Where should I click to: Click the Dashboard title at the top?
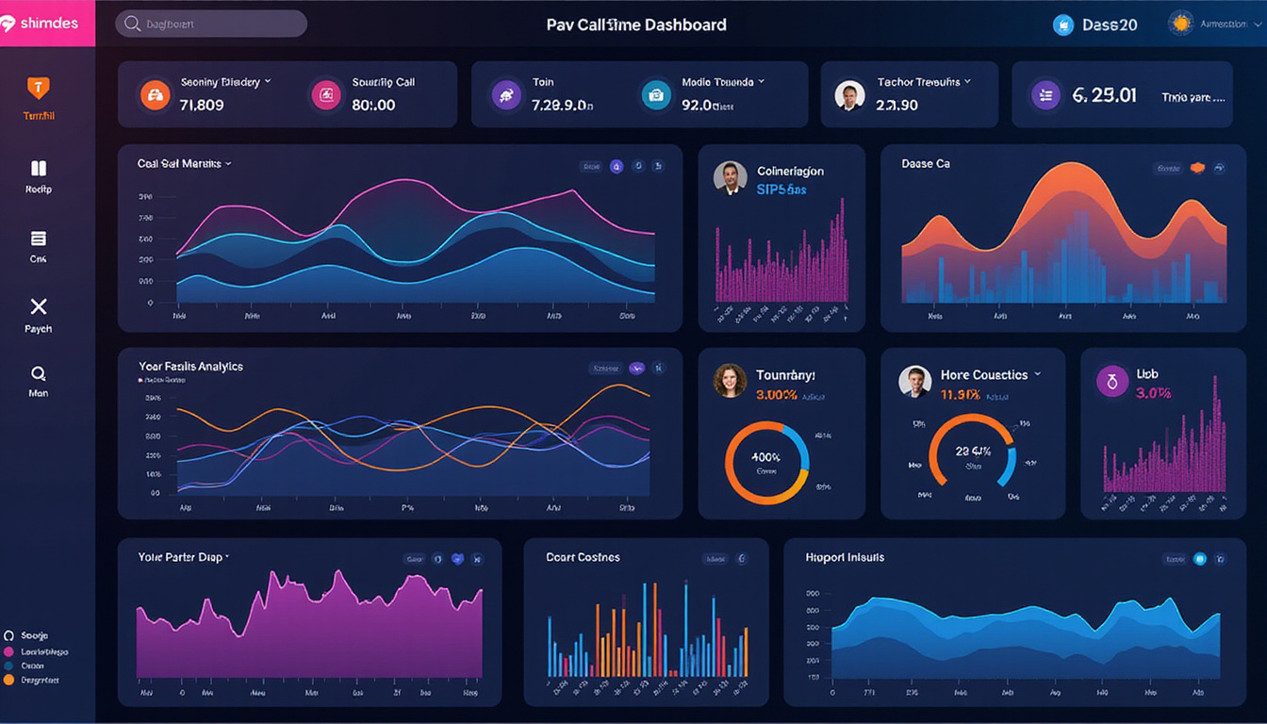(636, 25)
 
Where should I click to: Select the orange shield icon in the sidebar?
(38, 88)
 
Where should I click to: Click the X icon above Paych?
(38, 306)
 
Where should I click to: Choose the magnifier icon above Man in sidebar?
(38, 373)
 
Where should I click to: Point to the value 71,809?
(201, 105)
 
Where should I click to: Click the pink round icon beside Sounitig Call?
(325, 94)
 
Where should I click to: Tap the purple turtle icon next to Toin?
(506, 94)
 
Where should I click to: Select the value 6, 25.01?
(1104, 95)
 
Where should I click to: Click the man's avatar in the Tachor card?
(849, 94)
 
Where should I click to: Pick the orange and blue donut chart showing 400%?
(766, 462)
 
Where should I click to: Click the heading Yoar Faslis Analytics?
(190, 366)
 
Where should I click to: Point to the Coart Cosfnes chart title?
(583, 557)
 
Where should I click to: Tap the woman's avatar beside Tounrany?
(729, 381)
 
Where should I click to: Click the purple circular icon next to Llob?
(1112, 381)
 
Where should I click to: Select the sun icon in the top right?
(1180, 24)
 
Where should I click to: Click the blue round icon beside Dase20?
(1063, 25)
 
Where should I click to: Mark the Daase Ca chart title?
(925, 163)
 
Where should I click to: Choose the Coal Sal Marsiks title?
(179, 163)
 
